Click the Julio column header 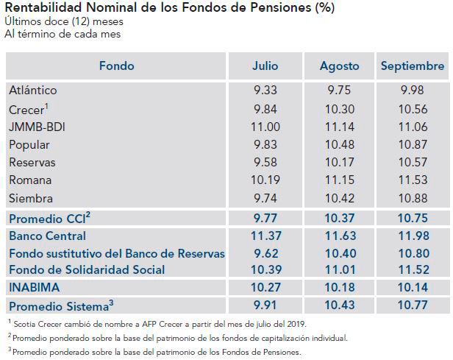click(x=265, y=66)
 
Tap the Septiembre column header click(x=413, y=66)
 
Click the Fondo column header click(x=116, y=66)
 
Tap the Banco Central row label click(x=48, y=236)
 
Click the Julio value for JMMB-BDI click(x=265, y=126)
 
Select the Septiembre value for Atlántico click(x=413, y=91)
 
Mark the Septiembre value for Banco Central click(x=413, y=236)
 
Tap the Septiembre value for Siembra click(x=413, y=198)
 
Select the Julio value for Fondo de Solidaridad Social click(x=265, y=270)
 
